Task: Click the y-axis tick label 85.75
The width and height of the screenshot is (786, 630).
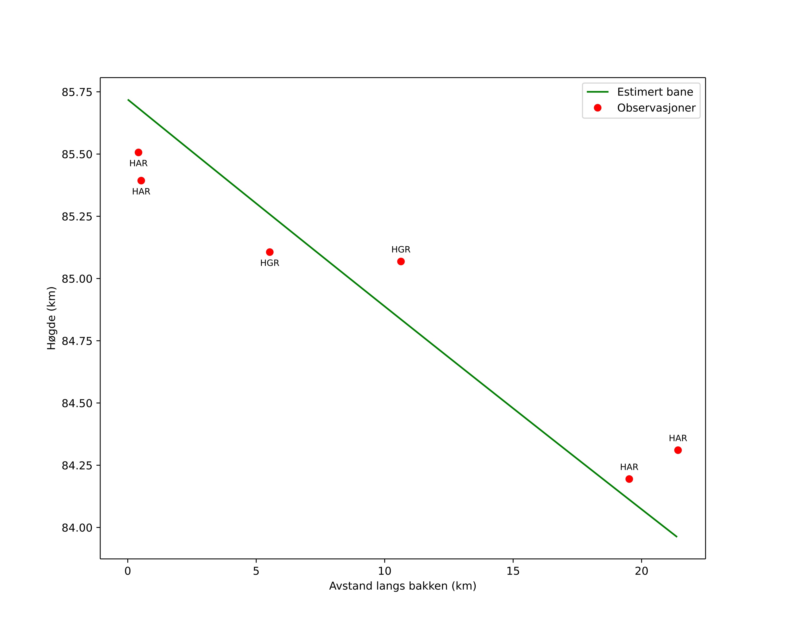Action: [x=77, y=92]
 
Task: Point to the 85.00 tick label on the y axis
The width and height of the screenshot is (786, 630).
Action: [x=77, y=279]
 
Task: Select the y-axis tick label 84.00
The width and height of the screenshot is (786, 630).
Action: [x=77, y=528]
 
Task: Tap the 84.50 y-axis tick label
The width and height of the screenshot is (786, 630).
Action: [x=77, y=404]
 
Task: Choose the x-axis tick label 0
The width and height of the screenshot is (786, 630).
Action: [x=128, y=571]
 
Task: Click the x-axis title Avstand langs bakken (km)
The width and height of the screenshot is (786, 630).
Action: [x=403, y=586]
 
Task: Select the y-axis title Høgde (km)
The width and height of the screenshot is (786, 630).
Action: [x=51, y=318]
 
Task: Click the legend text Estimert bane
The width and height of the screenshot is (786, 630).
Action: [x=655, y=92]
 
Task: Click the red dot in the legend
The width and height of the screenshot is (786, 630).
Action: [x=598, y=108]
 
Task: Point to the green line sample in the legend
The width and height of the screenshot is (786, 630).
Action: [x=598, y=92]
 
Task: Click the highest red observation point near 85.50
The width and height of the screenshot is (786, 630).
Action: [x=139, y=152]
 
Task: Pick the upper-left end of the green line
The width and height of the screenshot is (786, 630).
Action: [x=128, y=99]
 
